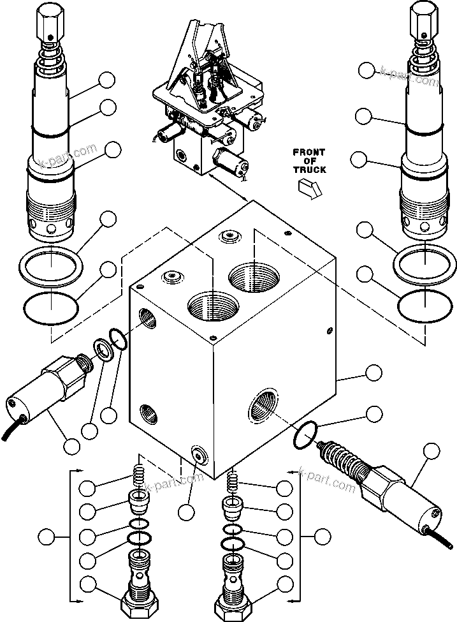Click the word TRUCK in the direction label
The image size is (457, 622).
tap(309, 170)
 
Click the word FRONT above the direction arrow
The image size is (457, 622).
tap(309, 152)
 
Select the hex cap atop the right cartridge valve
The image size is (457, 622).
tap(422, 17)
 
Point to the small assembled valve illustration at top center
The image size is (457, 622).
tap(210, 102)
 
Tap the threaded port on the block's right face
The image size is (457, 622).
tap(264, 403)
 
